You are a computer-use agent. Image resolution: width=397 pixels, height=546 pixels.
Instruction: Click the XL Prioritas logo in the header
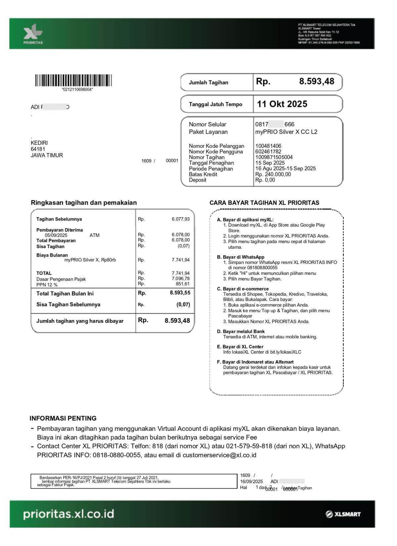pos(33,34)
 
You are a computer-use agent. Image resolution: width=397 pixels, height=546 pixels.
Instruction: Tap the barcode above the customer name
pos(73,81)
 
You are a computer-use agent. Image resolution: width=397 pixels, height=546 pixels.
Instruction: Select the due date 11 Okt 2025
pos(282,104)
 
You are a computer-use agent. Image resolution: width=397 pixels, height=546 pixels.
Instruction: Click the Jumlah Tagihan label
pos(208,83)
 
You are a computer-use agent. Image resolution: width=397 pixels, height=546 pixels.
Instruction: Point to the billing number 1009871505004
pos(274,157)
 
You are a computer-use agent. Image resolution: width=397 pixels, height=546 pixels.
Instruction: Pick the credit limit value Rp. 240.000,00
pos(273,175)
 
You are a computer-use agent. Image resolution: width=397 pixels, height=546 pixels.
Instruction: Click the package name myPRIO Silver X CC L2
pos(286,132)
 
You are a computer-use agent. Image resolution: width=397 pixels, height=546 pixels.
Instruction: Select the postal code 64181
pos(38,149)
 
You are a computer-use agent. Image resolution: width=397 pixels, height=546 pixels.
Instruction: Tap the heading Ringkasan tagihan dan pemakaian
pos(84,203)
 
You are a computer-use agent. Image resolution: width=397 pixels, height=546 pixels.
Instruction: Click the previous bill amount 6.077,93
pos(181,219)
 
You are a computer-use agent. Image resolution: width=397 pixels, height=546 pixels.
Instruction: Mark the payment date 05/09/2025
pos(56,235)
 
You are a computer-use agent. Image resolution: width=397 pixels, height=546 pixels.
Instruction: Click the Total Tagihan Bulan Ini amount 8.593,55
pos(180,293)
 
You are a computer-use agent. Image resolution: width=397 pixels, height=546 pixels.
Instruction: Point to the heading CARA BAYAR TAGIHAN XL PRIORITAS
pos(264,203)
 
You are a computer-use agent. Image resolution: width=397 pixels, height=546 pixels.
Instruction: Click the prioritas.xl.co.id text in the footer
pos(68,514)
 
